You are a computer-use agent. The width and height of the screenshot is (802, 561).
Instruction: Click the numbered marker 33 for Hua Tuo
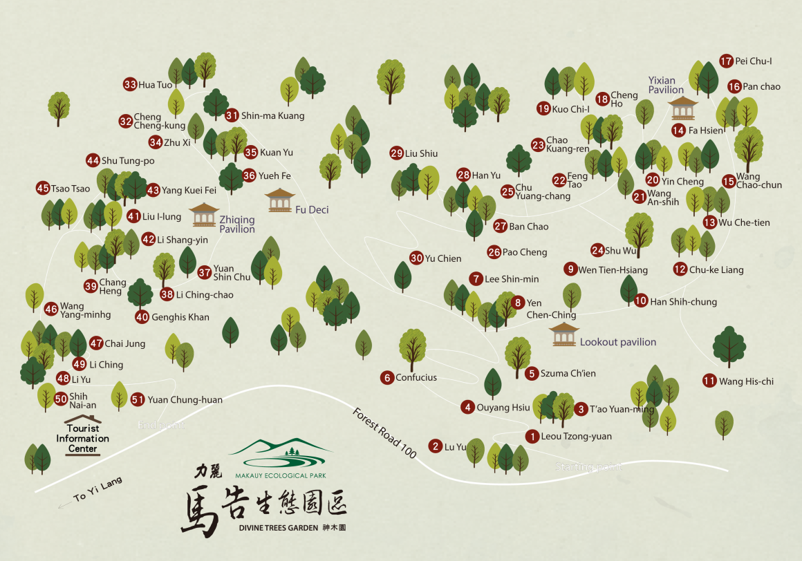coord(130,85)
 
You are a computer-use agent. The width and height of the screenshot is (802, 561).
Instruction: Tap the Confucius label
coord(416,378)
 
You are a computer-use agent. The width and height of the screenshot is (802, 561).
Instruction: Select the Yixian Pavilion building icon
coord(684,108)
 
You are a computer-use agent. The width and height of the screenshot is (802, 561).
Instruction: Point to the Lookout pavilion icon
coord(563,334)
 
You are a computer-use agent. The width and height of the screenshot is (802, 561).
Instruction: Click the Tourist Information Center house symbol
coord(82,420)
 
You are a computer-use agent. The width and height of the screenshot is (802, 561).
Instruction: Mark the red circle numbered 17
coord(726,61)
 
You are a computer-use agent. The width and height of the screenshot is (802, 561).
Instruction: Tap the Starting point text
coord(588,467)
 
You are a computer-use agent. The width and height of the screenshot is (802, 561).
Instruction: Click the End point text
coord(161,425)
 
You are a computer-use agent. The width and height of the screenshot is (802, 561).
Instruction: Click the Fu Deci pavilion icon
coord(279,200)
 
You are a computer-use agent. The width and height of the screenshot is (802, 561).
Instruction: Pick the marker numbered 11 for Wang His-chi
coord(709,381)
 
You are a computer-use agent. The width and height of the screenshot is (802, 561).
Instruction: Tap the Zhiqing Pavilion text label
coord(237,225)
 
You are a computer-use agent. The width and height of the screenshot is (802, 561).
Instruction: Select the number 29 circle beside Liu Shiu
coord(397,153)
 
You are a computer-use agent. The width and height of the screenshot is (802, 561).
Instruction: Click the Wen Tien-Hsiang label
coord(613,270)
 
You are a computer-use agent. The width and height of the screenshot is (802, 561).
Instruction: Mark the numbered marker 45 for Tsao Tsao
coord(43,188)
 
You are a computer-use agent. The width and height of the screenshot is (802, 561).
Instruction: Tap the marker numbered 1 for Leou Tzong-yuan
coord(532,437)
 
